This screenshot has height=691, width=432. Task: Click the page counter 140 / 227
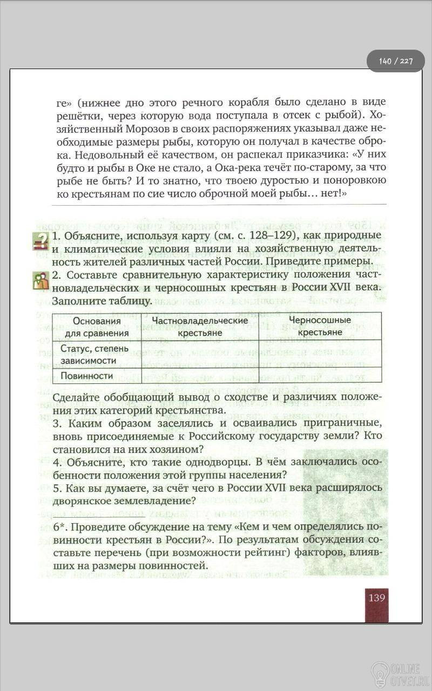[395, 61]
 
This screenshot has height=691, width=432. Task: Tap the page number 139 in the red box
[376, 598]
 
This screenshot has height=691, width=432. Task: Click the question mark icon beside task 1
[40, 241]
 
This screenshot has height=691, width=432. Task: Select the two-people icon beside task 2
[40, 281]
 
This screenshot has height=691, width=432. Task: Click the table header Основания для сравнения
[97, 327]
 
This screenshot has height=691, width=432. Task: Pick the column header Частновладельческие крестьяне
[200, 327]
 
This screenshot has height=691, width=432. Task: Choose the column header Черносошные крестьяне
[320, 326]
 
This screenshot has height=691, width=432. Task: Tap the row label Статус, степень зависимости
[94, 354]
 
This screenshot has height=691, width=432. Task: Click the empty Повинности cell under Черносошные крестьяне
[320, 376]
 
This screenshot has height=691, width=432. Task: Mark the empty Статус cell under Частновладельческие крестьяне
[200, 354]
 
